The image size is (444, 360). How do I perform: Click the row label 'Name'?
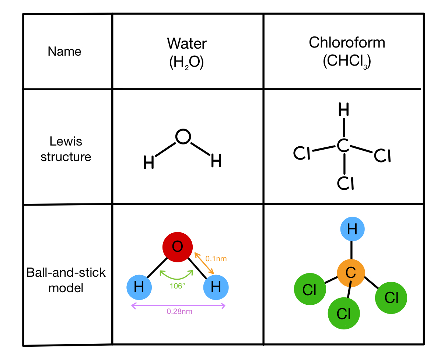tap(64, 52)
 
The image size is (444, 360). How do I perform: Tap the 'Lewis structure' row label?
tap(66, 149)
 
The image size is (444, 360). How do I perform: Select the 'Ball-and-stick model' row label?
tap(66, 280)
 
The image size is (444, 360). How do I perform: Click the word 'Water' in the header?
tap(187, 43)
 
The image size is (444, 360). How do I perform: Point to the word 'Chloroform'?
tap(347, 43)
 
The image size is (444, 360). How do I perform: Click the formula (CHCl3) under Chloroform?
tap(347, 62)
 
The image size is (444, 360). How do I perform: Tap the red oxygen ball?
tap(178, 247)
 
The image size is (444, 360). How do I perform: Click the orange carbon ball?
tap(351, 273)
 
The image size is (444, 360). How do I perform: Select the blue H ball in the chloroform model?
tap(352, 229)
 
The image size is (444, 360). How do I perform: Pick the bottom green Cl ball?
tap(343, 314)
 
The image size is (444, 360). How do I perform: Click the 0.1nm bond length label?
tap(216, 259)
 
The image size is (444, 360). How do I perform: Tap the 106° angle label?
tap(177, 286)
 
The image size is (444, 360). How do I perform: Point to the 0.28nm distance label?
tap(179, 311)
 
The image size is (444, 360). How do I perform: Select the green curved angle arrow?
tap(177, 276)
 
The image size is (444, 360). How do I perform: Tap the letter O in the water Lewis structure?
tap(183, 137)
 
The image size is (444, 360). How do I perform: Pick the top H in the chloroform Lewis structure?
tap(343, 109)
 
